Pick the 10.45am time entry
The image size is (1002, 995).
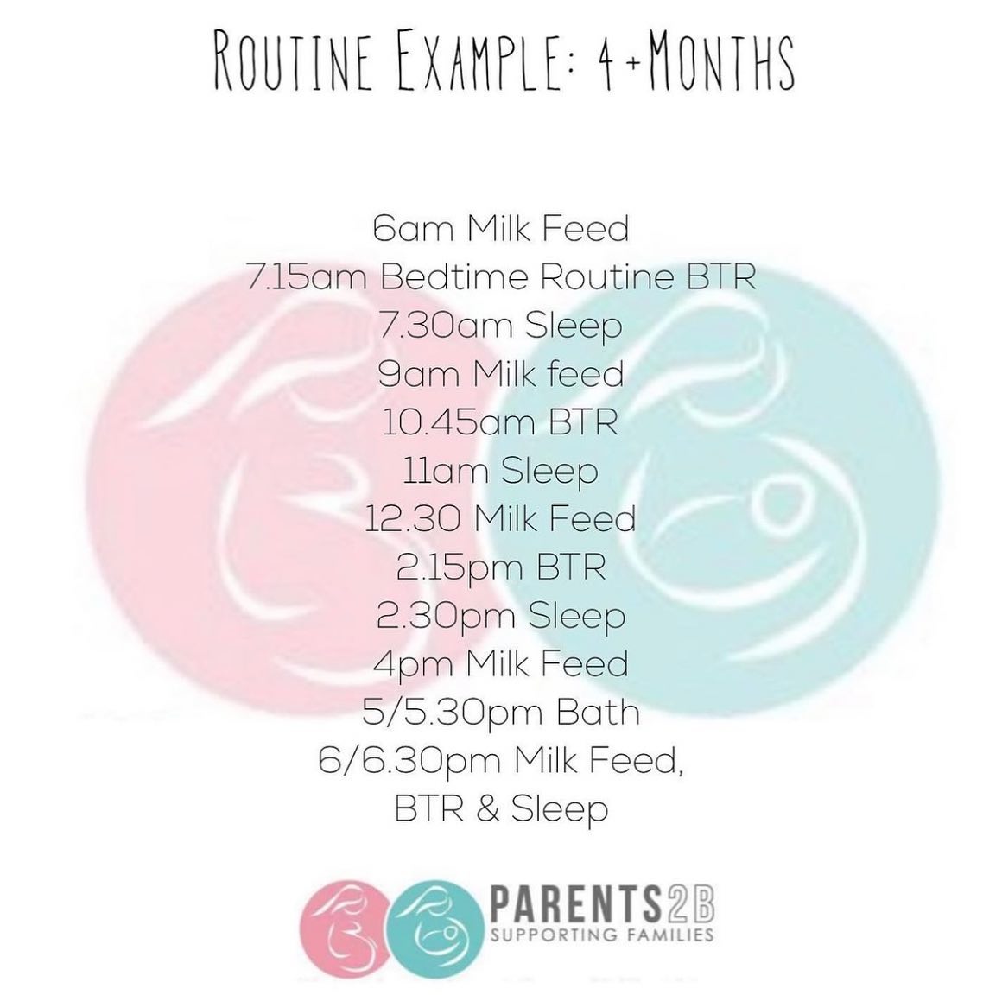click(x=450, y=423)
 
